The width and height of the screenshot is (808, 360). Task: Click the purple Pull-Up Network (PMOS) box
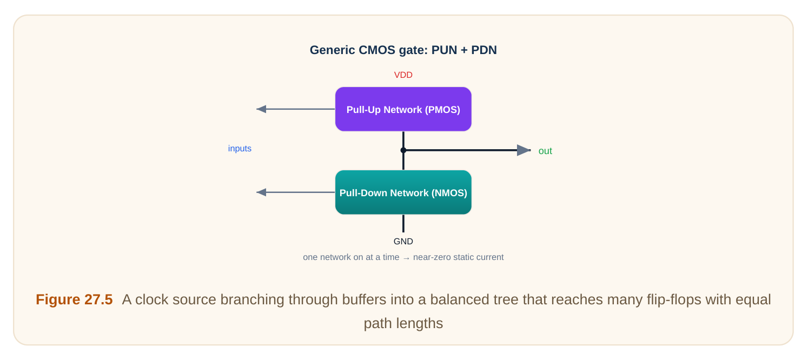[x=403, y=109]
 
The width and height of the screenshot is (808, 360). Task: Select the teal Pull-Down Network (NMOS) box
[x=403, y=192]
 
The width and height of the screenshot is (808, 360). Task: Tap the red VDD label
[x=403, y=75]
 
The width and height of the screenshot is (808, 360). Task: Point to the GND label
[x=403, y=242]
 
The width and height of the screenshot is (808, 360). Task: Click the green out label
[x=545, y=151]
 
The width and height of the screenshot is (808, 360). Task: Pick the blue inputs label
[x=240, y=149]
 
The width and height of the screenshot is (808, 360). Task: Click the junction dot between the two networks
[x=403, y=150]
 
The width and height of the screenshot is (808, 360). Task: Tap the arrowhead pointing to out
[x=524, y=150]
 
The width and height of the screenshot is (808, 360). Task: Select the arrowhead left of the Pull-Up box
[x=261, y=109]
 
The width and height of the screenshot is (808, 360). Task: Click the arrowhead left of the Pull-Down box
[x=261, y=192]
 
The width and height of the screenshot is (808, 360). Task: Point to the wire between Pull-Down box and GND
[x=403, y=223]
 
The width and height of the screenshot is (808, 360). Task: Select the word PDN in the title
[x=484, y=50]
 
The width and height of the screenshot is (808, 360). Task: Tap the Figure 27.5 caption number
[x=74, y=300]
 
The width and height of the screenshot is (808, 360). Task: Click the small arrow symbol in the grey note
[x=406, y=258]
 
